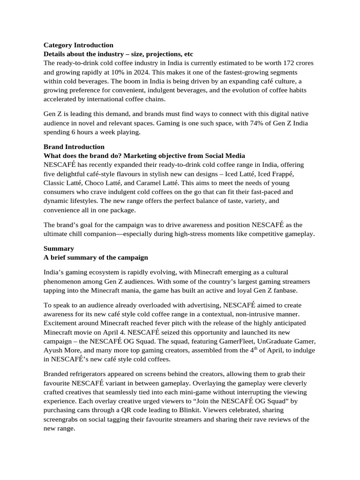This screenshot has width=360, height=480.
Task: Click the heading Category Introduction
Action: (x=78, y=45)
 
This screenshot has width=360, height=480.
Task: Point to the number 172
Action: (x=277, y=63)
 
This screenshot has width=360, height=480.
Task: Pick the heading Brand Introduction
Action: (x=74, y=147)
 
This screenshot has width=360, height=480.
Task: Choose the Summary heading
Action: (x=59, y=248)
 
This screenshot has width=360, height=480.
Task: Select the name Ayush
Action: (x=54, y=350)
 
